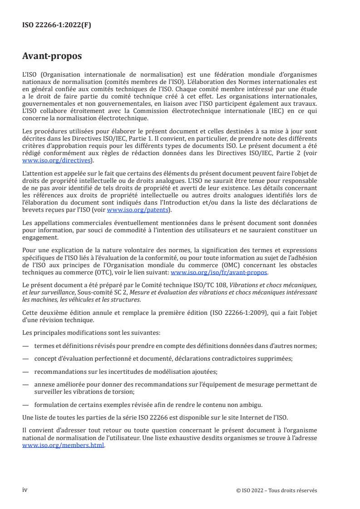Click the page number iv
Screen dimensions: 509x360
coord(25,490)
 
